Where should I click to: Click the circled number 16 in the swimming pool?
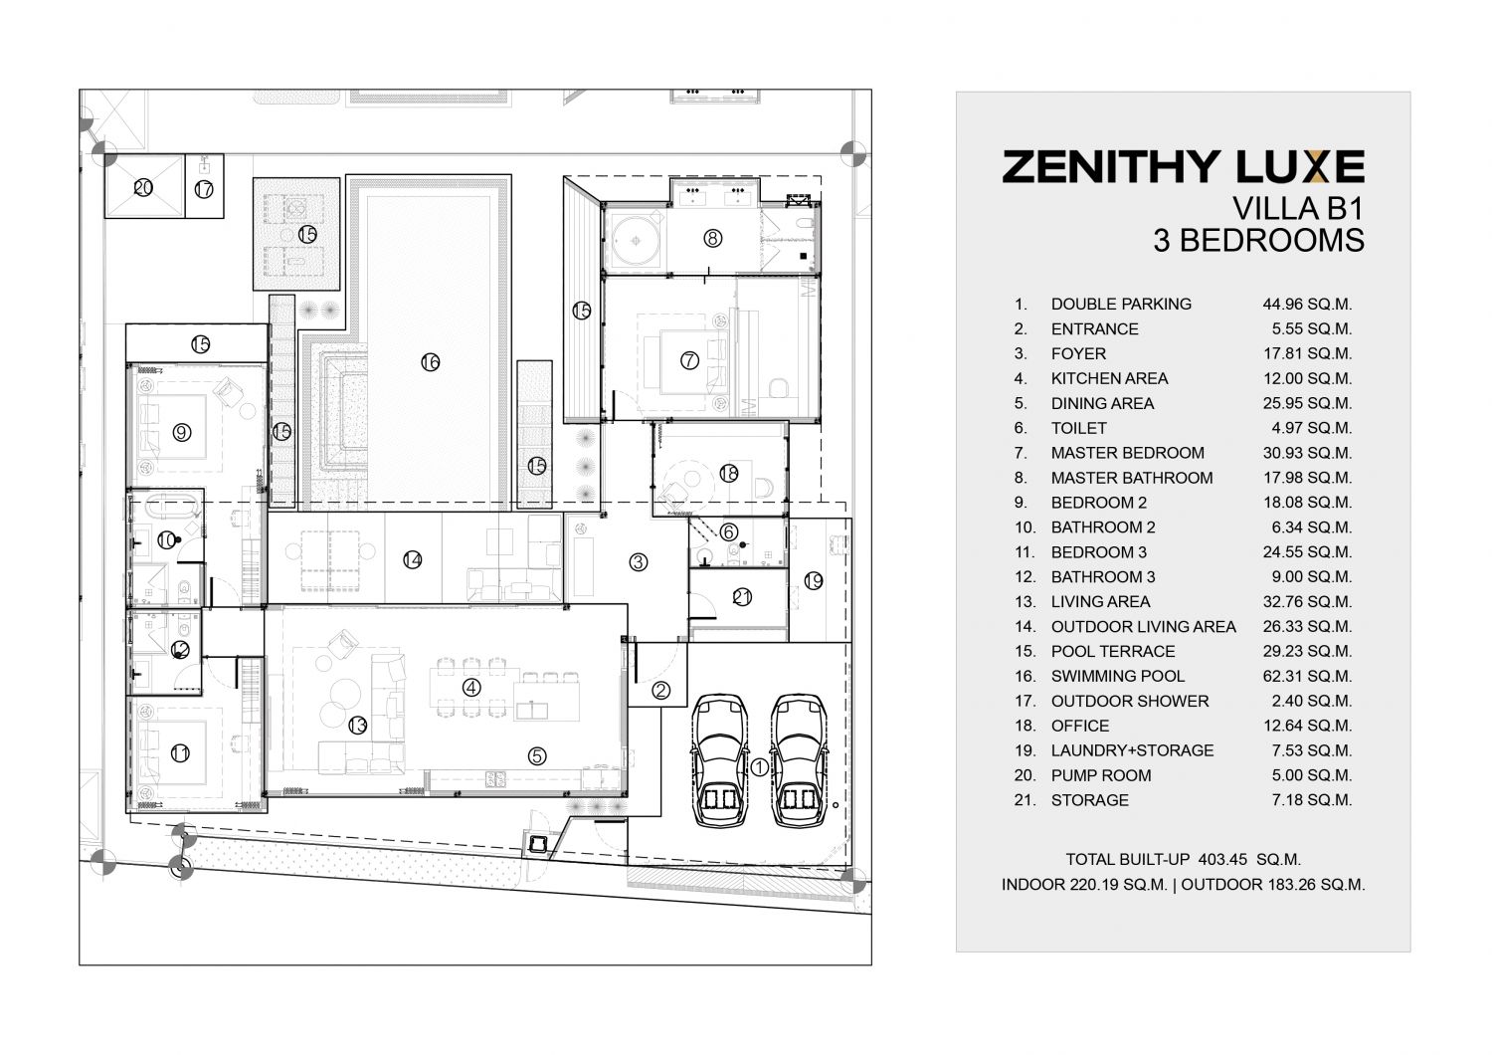[431, 362]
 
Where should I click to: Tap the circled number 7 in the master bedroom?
[689, 360]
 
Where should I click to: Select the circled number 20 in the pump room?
[143, 188]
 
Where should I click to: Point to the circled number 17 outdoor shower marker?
[204, 189]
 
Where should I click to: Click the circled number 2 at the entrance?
[660, 691]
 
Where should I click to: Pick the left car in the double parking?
[719, 760]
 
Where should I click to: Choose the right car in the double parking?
[800, 760]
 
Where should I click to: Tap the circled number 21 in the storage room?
[742, 597]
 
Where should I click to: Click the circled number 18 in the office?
[729, 473]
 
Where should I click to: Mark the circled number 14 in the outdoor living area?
[413, 559]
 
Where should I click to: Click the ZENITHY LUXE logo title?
[1183, 166]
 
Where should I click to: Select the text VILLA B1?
[1297, 209]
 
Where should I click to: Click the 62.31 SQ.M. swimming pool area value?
[1308, 676]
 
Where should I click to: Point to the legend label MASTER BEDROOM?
[1128, 453]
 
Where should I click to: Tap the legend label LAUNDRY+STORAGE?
[1132, 750]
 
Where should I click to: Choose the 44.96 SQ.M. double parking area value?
[1308, 304]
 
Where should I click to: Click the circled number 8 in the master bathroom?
[713, 238]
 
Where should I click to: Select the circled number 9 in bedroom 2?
[182, 433]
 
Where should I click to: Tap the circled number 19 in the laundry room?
[814, 581]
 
